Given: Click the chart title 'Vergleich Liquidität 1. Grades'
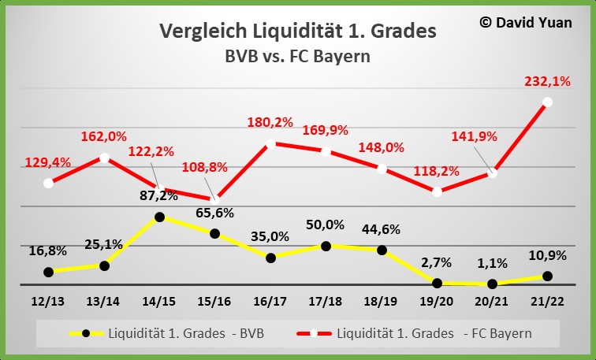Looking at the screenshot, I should [x=297, y=32].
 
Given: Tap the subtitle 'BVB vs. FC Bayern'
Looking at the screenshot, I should [x=297, y=57].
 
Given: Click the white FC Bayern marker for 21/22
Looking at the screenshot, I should [x=548, y=102].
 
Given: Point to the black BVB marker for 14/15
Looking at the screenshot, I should [x=159, y=217].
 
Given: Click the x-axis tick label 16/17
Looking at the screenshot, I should [x=270, y=302].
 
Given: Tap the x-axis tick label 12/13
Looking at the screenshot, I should [x=48, y=302].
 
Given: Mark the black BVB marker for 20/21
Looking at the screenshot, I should [x=493, y=284].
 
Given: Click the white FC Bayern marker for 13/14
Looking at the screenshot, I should [x=104, y=158].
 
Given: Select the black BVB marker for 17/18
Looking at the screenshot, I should [x=326, y=246].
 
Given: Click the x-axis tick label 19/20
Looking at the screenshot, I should [x=437, y=302].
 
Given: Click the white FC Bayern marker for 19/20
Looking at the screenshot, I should [x=438, y=191].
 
